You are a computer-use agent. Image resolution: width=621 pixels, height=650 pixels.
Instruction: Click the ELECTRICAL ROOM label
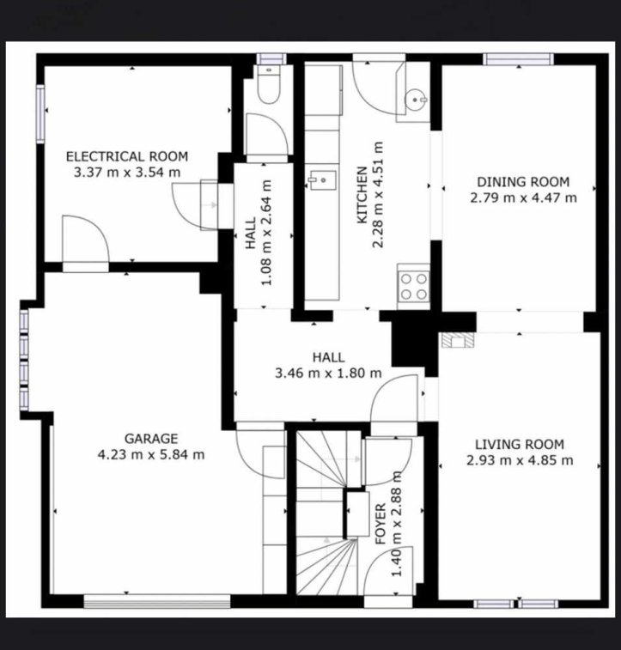click(127, 156)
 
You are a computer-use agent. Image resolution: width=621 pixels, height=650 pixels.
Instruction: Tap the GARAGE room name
click(151, 438)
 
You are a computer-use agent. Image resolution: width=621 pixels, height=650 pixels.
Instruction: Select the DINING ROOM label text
click(523, 181)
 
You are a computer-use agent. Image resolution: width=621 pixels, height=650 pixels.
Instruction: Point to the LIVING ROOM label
click(520, 445)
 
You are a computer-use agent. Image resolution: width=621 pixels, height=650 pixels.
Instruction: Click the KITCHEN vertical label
click(362, 195)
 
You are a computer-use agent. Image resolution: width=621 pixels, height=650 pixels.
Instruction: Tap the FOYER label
click(381, 524)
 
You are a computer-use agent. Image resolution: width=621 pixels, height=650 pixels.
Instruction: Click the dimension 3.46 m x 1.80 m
click(328, 374)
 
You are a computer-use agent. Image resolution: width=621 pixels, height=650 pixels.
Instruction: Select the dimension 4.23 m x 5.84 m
click(151, 455)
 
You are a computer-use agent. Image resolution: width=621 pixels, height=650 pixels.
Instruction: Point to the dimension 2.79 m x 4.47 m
click(523, 197)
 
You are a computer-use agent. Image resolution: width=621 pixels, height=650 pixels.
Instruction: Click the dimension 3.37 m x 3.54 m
click(127, 172)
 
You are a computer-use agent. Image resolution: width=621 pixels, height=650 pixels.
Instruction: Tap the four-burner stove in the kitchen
click(413, 286)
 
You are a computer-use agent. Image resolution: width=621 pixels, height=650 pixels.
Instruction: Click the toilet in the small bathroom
click(269, 85)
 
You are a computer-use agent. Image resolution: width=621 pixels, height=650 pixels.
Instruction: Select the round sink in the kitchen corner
click(416, 100)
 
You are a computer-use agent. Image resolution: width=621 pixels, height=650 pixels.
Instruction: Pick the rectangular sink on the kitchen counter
click(322, 180)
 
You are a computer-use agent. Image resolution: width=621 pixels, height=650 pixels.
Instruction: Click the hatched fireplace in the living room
click(458, 340)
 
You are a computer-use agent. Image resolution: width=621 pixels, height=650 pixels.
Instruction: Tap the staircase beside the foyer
click(327, 513)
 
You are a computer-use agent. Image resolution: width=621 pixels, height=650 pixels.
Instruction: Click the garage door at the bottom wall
click(157, 601)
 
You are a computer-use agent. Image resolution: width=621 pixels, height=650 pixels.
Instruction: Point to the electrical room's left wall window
click(40, 114)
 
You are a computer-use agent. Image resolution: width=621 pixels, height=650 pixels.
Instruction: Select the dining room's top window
click(518, 59)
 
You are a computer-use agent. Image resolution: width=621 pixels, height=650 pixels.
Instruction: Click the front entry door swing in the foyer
click(391, 572)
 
